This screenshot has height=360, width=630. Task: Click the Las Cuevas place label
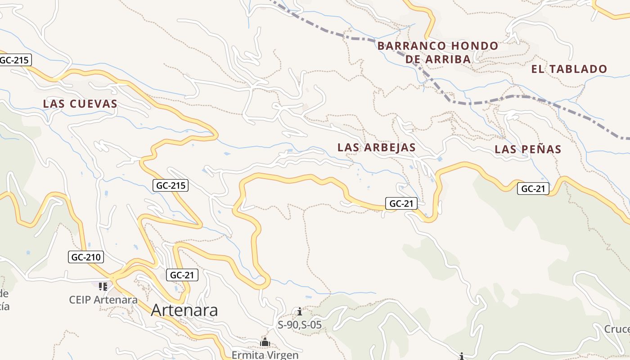[x=80, y=104]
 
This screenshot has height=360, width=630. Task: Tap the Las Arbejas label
[x=376, y=148]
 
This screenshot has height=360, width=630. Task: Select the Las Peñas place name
[x=528, y=149]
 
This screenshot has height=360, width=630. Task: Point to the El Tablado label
[x=569, y=69]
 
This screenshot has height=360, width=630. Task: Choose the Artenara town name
[x=184, y=310]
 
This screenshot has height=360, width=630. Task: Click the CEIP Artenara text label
[x=103, y=300]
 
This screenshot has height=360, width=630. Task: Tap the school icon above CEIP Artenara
[x=103, y=286]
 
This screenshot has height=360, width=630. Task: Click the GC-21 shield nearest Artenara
[x=182, y=275]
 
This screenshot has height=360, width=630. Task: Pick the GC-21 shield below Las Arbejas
[x=401, y=203]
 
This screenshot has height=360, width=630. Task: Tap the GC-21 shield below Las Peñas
[x=533, y=189]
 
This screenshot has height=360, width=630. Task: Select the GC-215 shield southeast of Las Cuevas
[x=171, y=185]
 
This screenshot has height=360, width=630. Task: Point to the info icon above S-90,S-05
[x=300, y=311]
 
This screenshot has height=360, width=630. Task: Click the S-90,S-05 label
[x=300, y=324]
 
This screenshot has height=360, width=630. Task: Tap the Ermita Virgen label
[x=265, y=355]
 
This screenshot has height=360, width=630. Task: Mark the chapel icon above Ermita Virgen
[x=265, y=342]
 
